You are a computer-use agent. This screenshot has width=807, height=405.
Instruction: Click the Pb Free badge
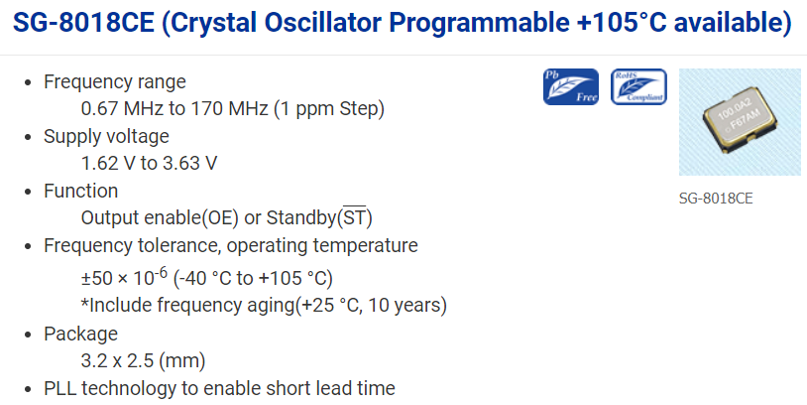(571, 86)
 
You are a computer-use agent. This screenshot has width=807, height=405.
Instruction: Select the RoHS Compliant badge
(638, 86)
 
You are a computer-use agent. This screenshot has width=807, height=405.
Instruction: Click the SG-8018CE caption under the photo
(716, 199)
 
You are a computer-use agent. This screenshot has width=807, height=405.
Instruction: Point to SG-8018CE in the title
(83, 23)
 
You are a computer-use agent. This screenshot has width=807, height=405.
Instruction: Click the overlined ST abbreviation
(355, 217)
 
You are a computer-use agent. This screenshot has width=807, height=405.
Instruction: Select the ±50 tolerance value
(97, 278)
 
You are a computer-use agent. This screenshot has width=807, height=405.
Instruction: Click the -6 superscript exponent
(161, 273)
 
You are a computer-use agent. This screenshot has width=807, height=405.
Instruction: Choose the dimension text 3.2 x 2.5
(117, 360)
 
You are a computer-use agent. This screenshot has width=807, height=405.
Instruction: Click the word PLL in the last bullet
(60, 388)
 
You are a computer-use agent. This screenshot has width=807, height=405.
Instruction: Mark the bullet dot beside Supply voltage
(28, 137)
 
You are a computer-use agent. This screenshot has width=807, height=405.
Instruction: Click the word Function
(81, 191)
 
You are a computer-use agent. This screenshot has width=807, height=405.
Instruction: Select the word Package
(81, 334)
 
